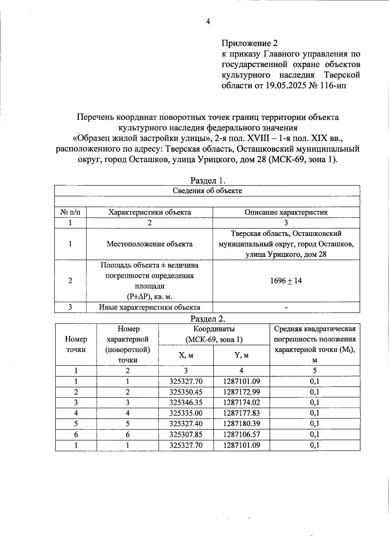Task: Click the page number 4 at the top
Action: click(x=208, y=22)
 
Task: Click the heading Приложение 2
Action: click(x=250, y=43)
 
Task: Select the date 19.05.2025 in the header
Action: click(x=285, y=86)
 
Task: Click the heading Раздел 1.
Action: click(x=207, y=180)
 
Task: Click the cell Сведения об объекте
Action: click(x=207, y=191)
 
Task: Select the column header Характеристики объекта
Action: click(x=149, y=212)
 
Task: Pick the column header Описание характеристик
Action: click(x=286, y=212)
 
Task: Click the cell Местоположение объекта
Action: click(x=149, y=244)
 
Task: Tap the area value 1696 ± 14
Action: click(x=286, y=281)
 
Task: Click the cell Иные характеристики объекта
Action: click(x=149, y=307)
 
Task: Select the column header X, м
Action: click(x=186, y=355)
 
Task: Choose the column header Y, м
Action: click(x=242, y=355)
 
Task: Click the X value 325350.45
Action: click(x=186, y=392)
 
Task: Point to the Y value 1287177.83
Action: click(x=242, y=413)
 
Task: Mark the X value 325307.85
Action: click(x=186, y=435)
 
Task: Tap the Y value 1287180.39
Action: click(x=242, y=424)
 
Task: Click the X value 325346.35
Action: click(x=186, y=403)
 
